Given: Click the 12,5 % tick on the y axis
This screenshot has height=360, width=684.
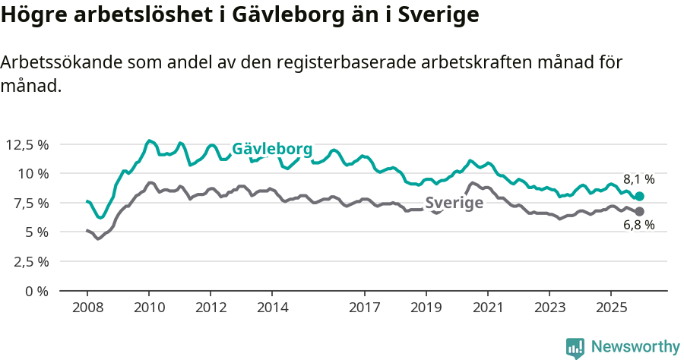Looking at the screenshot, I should (27, 144).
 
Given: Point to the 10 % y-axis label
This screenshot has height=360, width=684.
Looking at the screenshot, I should (31, 173).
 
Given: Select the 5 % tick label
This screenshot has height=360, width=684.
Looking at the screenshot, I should (35, 232).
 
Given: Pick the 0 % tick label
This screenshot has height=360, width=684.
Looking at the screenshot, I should (35, 291).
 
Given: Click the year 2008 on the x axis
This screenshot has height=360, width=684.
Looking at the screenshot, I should (87, 308).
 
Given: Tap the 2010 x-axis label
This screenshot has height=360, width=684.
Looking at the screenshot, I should (149, 308).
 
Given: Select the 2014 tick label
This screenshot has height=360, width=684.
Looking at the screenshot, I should (272, 308).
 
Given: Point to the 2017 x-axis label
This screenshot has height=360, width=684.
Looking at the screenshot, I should (365, 308).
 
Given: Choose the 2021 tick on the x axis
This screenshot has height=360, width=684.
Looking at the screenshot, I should (488, 308).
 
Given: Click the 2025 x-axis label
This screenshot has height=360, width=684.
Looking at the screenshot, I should (611, 308).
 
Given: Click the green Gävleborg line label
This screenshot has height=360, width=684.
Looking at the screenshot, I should (272, 149).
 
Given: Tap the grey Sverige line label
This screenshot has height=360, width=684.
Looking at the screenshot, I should (454, 203).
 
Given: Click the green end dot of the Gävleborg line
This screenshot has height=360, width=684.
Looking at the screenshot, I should (640, 196).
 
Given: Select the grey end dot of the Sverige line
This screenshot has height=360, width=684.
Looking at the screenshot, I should (640, 211).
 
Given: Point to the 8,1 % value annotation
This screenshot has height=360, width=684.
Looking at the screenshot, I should (638, 180).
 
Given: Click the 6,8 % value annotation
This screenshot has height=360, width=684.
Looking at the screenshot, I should (638, 225).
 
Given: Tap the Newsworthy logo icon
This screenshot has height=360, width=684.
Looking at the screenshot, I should (575, 347).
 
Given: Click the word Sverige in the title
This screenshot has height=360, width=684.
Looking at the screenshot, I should (435, 15).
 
